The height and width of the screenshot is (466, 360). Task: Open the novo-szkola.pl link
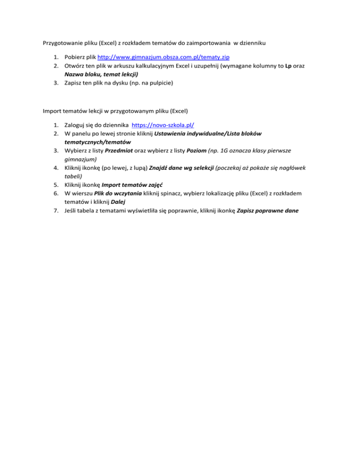point(163,125)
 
